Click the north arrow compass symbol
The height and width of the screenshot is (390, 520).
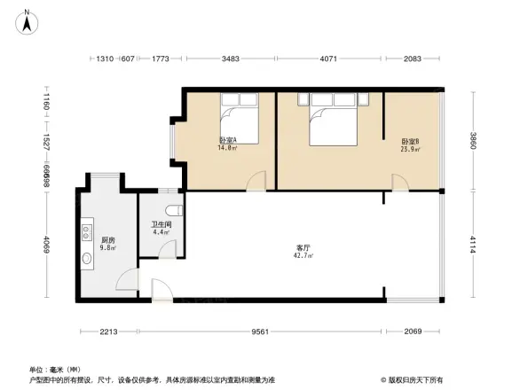point(28,20)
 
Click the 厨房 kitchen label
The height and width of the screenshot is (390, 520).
point(106,240)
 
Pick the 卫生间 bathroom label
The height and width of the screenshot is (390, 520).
point(161,224)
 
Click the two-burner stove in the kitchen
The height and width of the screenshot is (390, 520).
point(88,233)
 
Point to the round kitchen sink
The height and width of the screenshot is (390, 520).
point(88,260)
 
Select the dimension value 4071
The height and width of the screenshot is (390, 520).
point(327,58)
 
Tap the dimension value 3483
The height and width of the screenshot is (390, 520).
point(230,58)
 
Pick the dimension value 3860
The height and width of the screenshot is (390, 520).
point(474,140)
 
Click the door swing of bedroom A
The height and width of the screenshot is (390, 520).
point(256,182)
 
